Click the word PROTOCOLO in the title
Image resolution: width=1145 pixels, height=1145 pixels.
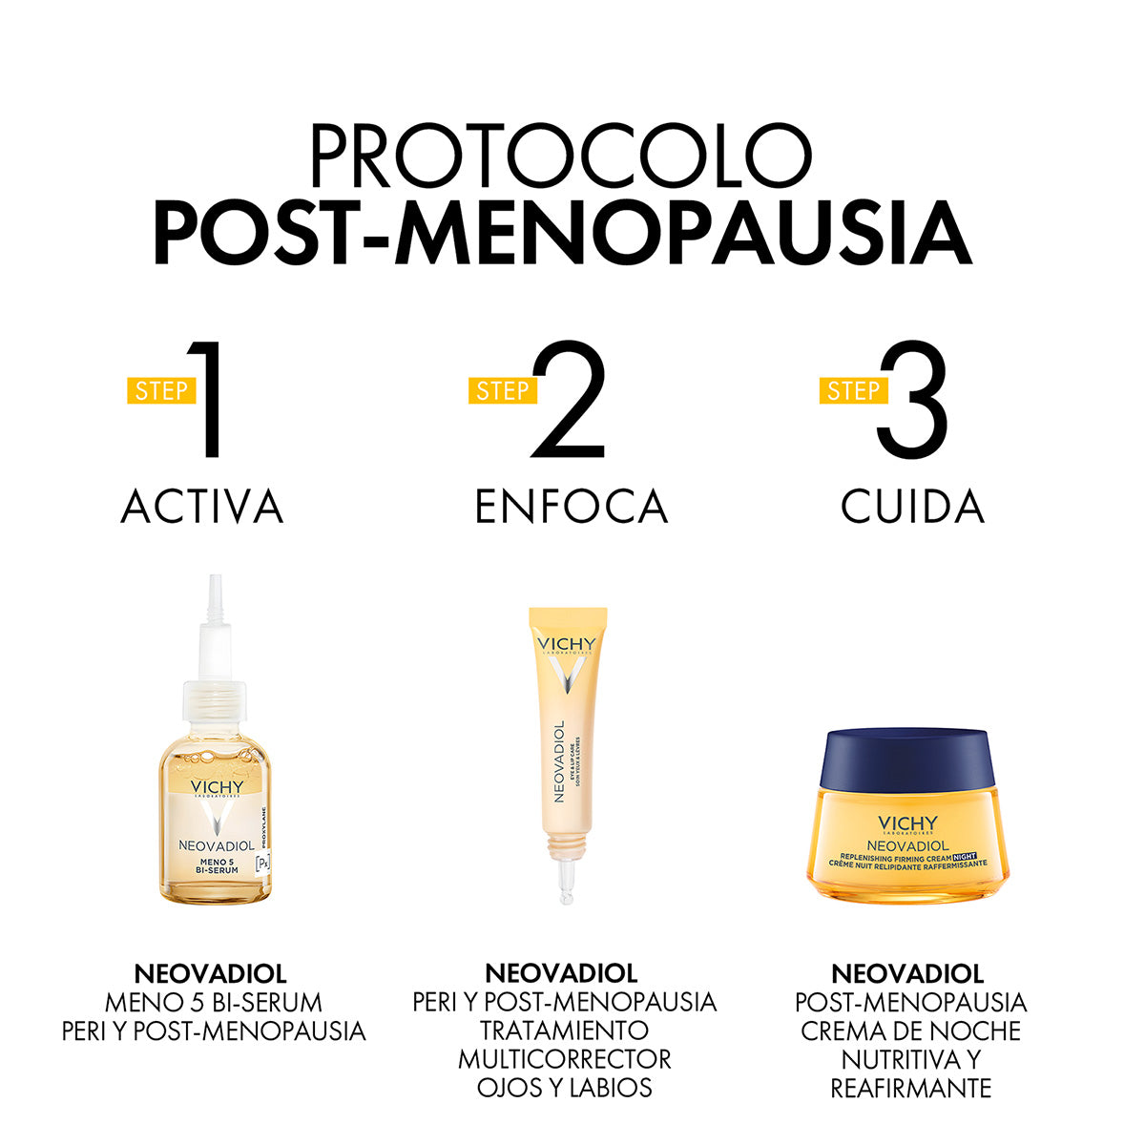[x=561, y=156]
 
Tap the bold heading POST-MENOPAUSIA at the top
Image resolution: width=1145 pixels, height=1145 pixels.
[x=562, y=232]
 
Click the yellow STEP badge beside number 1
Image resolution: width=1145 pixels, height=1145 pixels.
[x=161, y=390]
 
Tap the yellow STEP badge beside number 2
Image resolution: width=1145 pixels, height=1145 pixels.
[x=503, y=390]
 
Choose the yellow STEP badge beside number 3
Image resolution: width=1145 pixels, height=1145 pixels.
[x=853, y=390]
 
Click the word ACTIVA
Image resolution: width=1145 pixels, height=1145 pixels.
[x=202, y=507]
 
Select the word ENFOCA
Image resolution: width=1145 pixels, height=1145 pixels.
[x=571, y=507]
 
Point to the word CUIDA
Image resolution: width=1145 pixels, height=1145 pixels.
[x=912, y=507]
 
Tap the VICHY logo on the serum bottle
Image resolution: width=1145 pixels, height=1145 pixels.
[x=217, y=788]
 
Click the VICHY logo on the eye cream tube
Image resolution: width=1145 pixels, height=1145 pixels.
[x=566, y=645]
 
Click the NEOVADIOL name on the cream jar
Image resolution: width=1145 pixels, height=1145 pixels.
[x=906, y=845]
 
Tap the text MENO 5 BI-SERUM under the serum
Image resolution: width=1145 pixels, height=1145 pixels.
[x=213, y=1003]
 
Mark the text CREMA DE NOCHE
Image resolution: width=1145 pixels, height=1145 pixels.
[x=910, y=1031]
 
